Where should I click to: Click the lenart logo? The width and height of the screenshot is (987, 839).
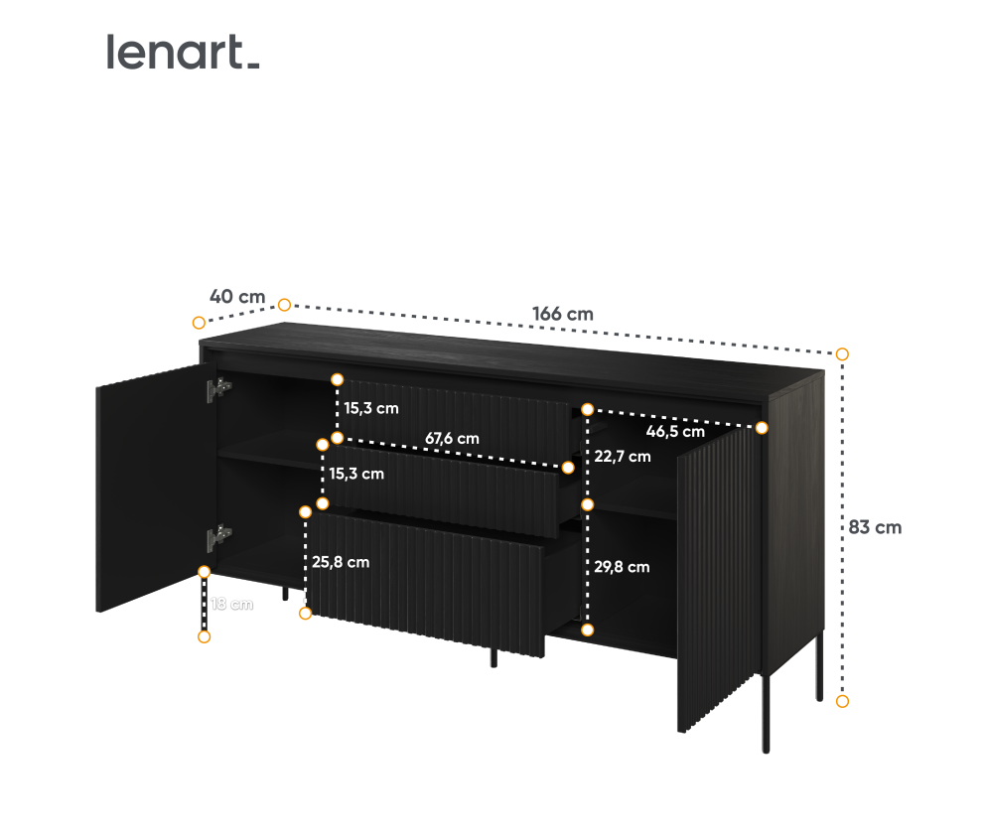click(183, 52)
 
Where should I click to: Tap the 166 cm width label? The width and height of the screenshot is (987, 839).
click(562, 314)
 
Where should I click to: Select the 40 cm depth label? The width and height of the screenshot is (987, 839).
click(237, 296)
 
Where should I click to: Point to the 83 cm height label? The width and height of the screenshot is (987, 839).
click(875, 527)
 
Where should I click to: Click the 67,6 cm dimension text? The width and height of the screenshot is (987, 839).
click(452, 438)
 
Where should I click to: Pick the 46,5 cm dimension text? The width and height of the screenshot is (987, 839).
click(675, 431)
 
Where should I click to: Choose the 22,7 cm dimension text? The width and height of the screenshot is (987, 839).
click(623, 457)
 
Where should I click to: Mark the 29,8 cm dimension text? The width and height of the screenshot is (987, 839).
click(622, 567)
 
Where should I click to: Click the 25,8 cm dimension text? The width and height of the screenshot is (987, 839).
click(341, 562)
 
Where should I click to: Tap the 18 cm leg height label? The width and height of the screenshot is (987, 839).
click(230, 604)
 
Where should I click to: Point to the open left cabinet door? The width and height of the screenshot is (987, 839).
click(149, 487)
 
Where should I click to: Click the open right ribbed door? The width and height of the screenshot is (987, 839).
click(718, 586)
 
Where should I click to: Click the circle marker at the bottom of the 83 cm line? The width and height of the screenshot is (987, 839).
click(842, 701)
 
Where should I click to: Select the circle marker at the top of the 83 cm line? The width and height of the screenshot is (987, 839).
click(842, 353)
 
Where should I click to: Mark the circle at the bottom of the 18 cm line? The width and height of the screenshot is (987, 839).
click(205, 636)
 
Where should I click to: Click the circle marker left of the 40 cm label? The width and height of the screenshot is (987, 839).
click(199, 322)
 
